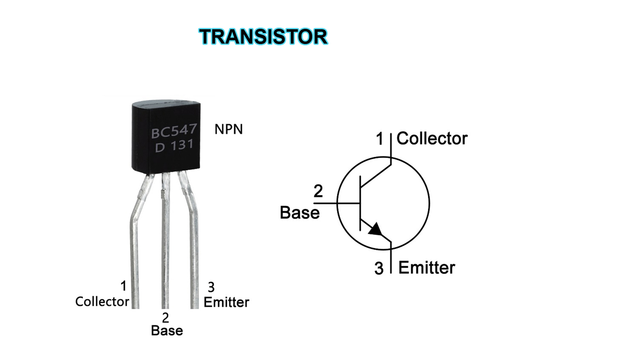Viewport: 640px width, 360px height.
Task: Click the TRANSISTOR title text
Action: (x=263, y=36)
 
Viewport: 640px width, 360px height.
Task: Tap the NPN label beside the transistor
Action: (x=229, y=129)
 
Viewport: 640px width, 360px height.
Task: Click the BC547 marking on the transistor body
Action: (x=174, y=131)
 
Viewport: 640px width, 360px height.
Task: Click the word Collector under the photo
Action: (x=102, y=302)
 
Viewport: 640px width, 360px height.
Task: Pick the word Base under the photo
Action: (x=167, y=330)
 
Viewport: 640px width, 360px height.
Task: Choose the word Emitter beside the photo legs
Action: (x=226, y=302)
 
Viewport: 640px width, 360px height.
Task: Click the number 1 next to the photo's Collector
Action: (x=124, y=286)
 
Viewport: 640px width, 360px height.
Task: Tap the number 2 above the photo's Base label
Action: (x=166, y=317)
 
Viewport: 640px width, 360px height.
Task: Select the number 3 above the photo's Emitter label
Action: (x=211, y=288)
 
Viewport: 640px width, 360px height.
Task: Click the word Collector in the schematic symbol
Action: (x=432, y=138)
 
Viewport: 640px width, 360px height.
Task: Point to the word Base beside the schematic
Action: (x=300, y=212)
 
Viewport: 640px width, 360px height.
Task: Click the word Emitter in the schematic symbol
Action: (x=427, y=268)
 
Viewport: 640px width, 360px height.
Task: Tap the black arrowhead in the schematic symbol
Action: (x=376, y=230)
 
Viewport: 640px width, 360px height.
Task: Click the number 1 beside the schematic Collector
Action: (x=380, y=138)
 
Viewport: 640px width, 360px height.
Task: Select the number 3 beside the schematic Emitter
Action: (x=379, y=269)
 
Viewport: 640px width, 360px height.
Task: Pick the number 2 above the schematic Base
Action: (x=318, y=191)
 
